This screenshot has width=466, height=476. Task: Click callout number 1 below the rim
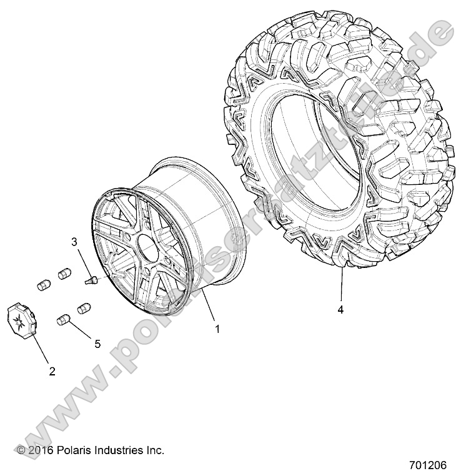(x=217, y=329)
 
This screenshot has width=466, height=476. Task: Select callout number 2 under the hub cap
(x=52, y=371)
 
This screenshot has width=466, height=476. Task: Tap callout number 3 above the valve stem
(x=74, y=241)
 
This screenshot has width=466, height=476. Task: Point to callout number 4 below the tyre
(x=340, y=309)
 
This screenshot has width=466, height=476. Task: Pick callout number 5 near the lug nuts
(x=97, y=342)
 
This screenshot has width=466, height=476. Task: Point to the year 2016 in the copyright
(x=41, y=450)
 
